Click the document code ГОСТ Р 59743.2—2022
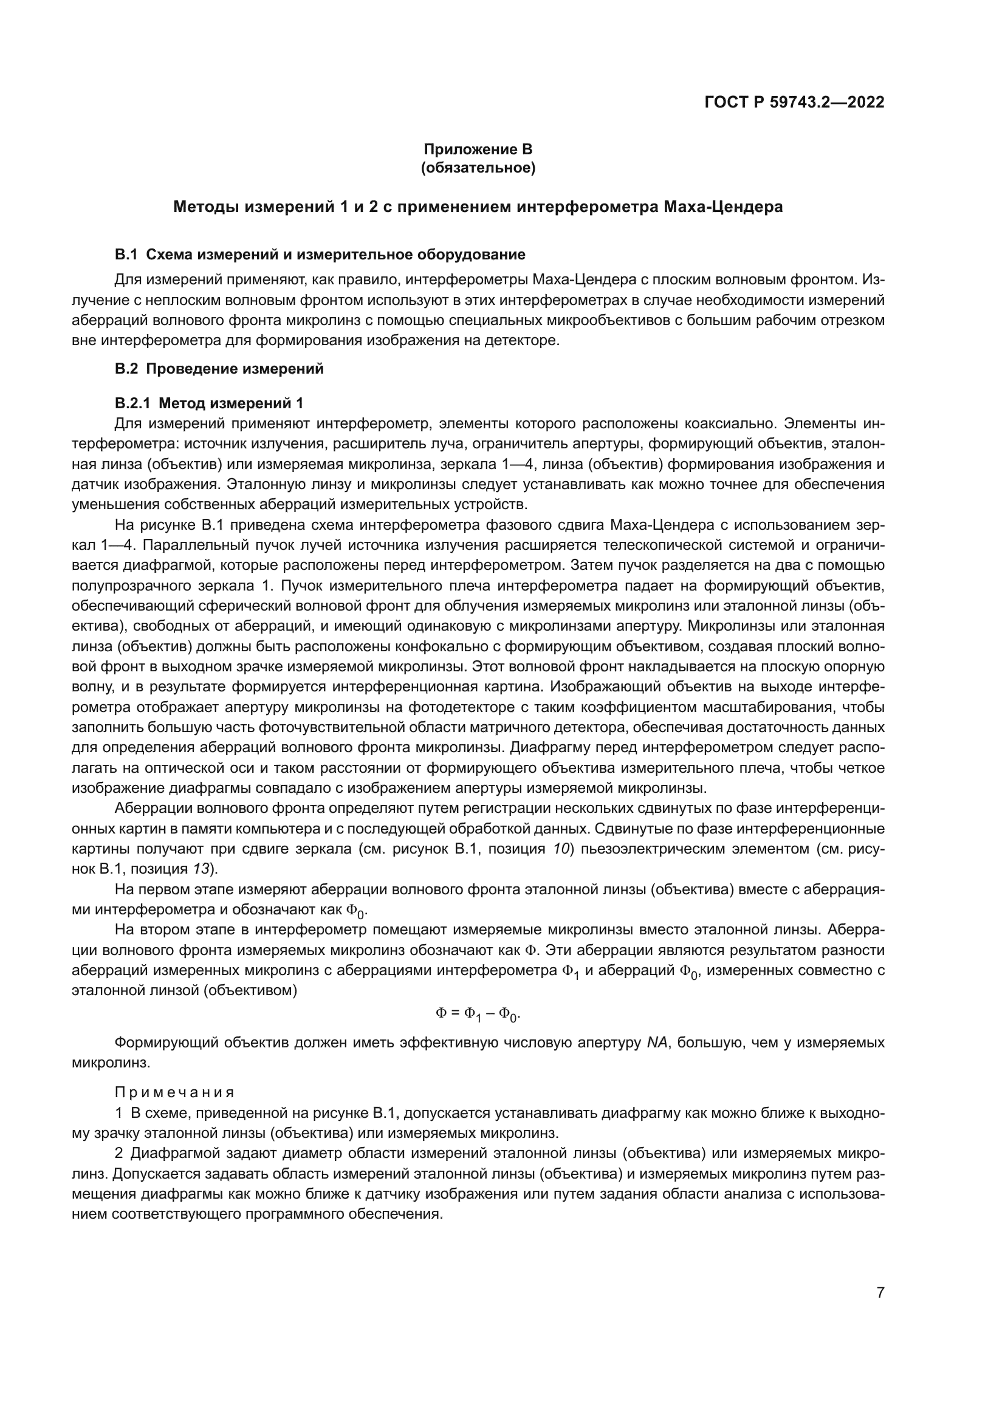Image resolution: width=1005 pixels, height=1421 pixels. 794,102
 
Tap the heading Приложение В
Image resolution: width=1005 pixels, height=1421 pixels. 478,149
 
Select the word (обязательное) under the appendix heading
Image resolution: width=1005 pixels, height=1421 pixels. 478,168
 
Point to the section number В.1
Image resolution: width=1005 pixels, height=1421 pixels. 126,255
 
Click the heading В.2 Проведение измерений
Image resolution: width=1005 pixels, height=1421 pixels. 219,369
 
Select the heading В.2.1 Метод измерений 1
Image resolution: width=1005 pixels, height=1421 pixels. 209,403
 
